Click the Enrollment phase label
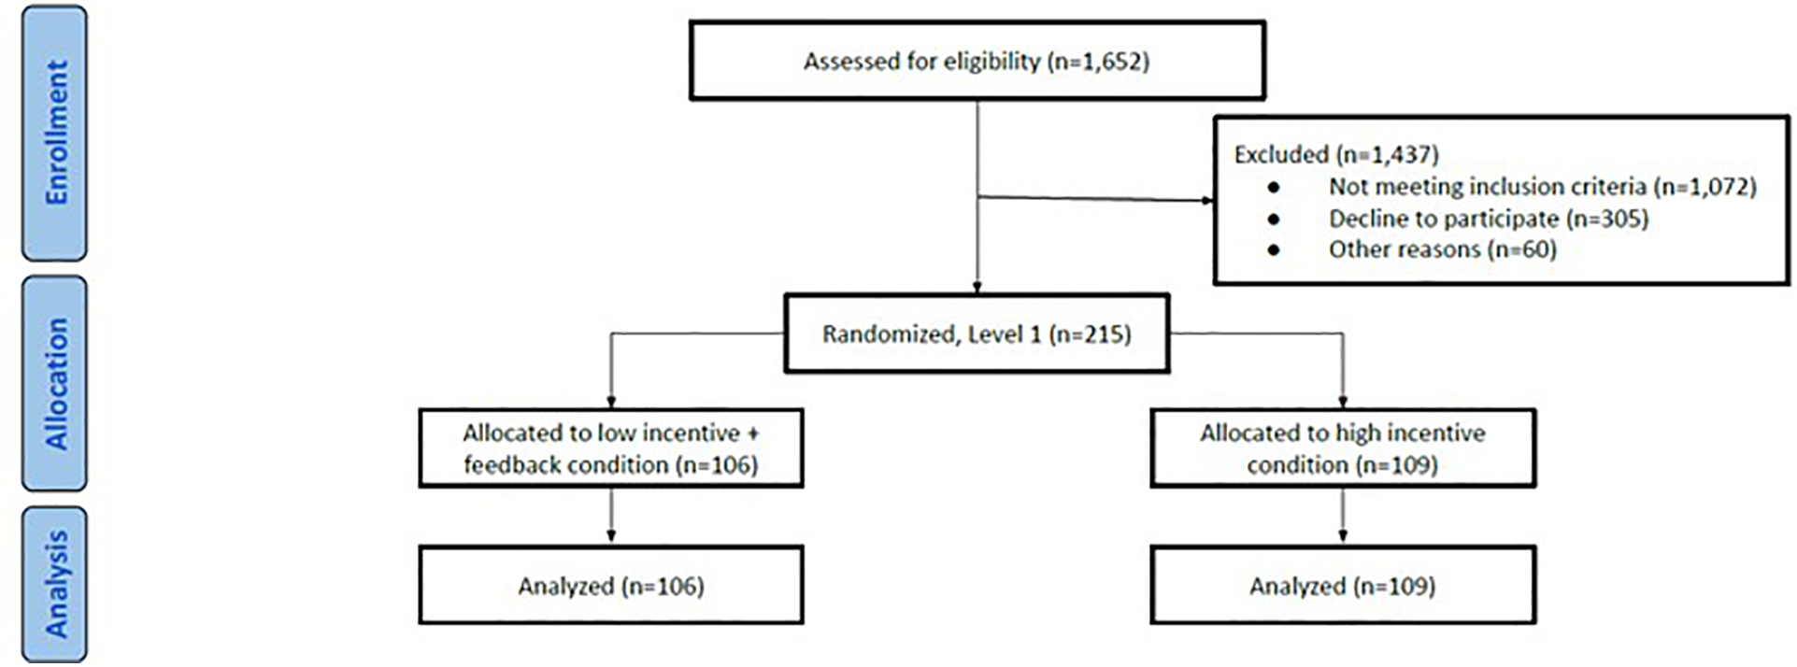point(55,132)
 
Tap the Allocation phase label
point(55,383)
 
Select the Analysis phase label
point(55,585)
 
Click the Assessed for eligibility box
point(977,62)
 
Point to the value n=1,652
point(1098,62)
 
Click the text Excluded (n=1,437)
point(1335,154)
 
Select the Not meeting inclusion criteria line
point(1542,187)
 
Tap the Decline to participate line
point(1488,219)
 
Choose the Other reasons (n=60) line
point(1442,249)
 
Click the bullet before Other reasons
point(1274,250)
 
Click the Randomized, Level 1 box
point(977,334)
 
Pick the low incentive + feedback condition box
point(611,448)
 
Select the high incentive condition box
point(1342,448)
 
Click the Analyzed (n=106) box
point(611,586)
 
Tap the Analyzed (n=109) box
point(1342,586)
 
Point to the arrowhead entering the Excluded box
point(1206,200)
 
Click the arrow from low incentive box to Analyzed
point(611,516)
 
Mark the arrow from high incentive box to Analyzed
point(1343,516)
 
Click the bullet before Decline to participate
point(1274,219)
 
